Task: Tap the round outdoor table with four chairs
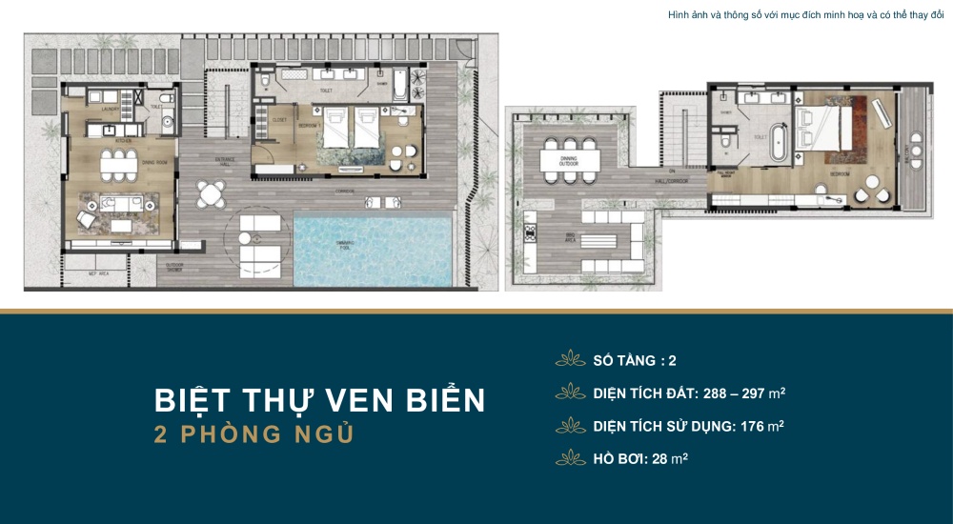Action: click(210, 194)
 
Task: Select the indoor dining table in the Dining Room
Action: click(119, 163)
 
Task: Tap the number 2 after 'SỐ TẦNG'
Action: click(673, 361)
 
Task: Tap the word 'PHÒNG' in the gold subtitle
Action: click(230, 434)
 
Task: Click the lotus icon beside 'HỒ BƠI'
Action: click(571, 457)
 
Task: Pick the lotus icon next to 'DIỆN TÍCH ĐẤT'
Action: click(571, 393)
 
